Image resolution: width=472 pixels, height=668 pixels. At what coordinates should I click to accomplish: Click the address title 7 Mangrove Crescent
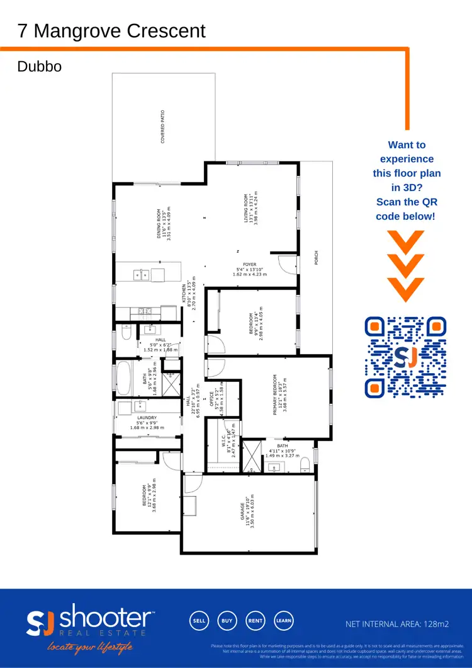click(112, 30)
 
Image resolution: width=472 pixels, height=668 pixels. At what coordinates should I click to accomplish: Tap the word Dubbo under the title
click(40, 66)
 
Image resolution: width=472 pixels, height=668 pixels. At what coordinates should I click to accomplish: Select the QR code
click(406, 357)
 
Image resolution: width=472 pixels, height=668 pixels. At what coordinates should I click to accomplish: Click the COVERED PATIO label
click(162, 127)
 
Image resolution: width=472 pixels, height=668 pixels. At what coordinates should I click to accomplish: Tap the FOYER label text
click(250, 265)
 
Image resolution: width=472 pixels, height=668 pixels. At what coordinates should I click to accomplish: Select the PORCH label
click(317, 258)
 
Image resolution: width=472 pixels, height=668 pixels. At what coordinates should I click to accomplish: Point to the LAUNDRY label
click(147, 417)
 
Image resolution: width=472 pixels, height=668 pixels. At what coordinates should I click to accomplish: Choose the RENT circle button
click(255, 621)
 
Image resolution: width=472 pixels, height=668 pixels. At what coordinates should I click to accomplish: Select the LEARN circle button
click(283, 621)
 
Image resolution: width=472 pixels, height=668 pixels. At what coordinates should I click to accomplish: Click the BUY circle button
click(227, 621)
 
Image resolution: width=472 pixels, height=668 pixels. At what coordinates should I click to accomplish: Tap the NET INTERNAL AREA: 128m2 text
click(397, 624)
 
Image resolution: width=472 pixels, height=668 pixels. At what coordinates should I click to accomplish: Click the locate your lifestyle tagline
click(88, 647)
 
